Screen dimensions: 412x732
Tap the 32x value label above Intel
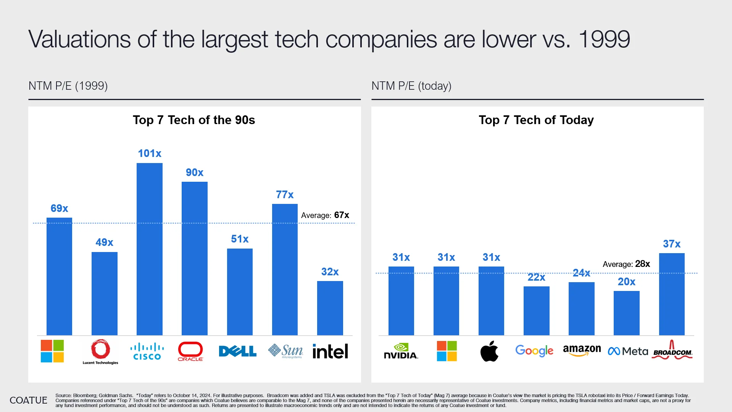(330, 272)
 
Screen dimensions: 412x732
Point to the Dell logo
(237, 351)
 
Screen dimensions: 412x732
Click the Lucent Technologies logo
(100, 351)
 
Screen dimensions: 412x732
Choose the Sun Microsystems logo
(285, 351)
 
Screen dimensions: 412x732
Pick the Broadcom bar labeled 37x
(671, 294)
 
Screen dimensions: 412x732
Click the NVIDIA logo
(401, 351)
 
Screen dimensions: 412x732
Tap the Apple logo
(489, 351)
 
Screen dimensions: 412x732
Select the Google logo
(534, 351)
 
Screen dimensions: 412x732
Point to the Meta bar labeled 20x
(626, 313)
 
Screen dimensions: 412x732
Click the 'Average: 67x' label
(325, 215)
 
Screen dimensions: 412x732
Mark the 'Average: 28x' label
(626, 264)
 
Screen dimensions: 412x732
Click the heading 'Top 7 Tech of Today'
(536, 120)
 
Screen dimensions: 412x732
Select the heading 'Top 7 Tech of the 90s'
(193, 120)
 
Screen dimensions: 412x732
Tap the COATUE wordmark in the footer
(28, 400)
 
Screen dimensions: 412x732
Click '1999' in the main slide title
(604, 39)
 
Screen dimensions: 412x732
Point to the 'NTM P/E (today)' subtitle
(411, 86)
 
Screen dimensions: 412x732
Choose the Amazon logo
(582, 350)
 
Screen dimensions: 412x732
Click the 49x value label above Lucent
(104, 242)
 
